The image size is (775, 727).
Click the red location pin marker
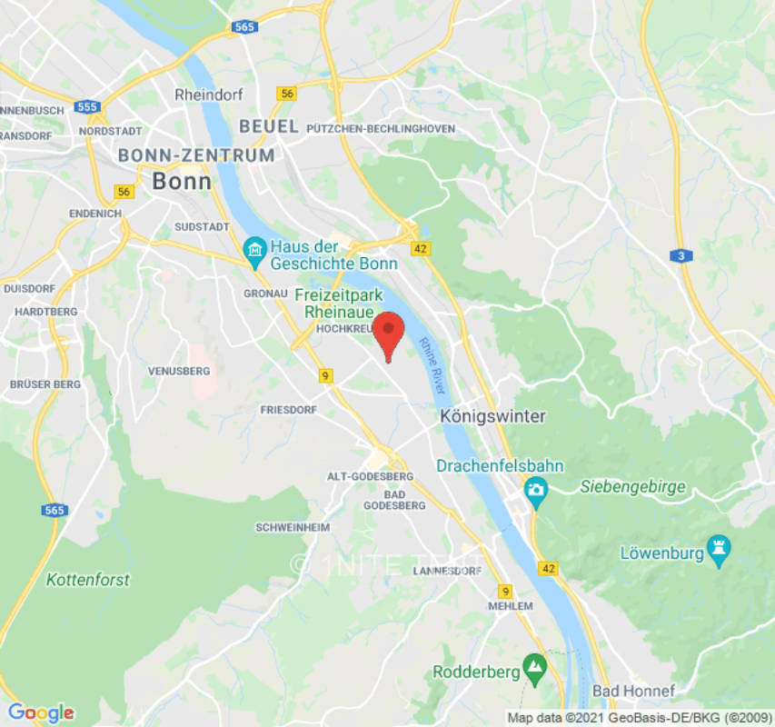pos(389,333)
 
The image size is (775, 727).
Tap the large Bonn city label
pos(182,181)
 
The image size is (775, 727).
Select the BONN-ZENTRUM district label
pos(196,155)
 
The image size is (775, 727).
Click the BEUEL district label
pos(268,126)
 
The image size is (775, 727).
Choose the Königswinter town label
pos(492,416)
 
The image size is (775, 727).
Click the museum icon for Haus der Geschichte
pos(254,248)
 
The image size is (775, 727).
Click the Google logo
pos(40,712)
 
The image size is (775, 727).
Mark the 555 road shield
pos(87,107)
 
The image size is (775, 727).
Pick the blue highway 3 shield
pos(681,256)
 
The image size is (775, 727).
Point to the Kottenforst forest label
pos(88,579)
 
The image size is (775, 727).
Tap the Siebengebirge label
pos(632,487)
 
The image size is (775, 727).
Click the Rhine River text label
pos(432,365)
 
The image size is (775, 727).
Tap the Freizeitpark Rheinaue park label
pos(339,303)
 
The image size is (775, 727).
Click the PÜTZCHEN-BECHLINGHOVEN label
pos(382,128)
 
